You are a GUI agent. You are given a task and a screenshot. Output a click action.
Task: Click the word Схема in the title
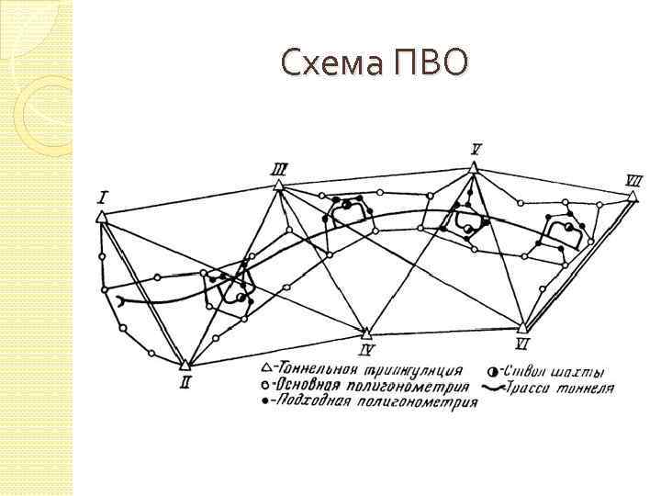click(333, 62)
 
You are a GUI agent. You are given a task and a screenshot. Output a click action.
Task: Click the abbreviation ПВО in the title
click(432, 62)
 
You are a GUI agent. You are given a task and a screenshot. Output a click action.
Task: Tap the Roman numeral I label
click(103, 197)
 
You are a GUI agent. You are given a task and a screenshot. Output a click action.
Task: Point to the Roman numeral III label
click(279, 168)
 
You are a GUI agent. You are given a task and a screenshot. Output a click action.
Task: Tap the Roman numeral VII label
click(633, 182)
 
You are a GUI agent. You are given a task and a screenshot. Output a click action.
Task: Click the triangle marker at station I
click(101, 217)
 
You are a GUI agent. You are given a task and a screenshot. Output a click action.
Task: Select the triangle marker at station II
click(185, 366)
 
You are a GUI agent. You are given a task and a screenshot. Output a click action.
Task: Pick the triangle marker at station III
click(278, 186)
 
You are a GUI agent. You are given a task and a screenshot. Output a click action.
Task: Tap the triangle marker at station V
click(473, 167)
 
